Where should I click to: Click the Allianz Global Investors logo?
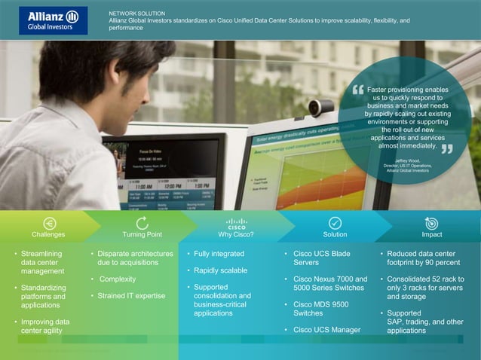[53, 20]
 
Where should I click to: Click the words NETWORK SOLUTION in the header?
[136, 14]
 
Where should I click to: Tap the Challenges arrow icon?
[49, 223]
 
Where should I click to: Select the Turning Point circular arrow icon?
[142, 223]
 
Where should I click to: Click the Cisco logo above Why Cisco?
[236, 223]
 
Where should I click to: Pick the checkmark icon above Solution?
[335, 223]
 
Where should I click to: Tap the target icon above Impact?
[431, 223]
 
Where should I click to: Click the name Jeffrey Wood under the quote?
[407, 160]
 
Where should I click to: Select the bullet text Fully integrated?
[219, 255]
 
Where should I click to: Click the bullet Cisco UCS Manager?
[327, 330]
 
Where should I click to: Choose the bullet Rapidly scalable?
[220, 270]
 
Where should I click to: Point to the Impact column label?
[432, 235]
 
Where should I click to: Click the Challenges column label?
[49, 235]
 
